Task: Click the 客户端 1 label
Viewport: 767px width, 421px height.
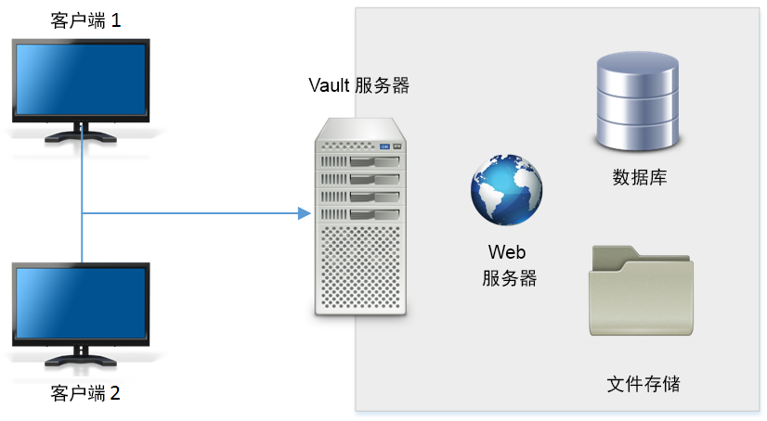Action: point(84,19)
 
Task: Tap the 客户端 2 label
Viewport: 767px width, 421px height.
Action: point(84,392)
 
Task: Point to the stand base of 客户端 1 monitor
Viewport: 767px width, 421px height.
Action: point(82,136)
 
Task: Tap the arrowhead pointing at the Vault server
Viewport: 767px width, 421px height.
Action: point(303,214)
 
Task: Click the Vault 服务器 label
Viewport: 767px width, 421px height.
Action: point(358,86)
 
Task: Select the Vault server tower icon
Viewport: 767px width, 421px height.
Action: point(359,217)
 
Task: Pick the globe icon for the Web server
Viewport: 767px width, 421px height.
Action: point(506,187)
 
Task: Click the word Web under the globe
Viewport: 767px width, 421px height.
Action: point(507,252)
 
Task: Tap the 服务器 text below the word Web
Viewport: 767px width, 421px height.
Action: point(509,277)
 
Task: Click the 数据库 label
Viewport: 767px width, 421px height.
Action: point(639,177)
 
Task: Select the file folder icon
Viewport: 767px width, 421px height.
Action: point(641,291)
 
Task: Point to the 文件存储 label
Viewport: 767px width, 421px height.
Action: point(643,383)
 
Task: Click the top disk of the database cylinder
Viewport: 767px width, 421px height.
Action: point(638,66)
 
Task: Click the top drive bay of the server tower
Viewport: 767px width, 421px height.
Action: point(359,163)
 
